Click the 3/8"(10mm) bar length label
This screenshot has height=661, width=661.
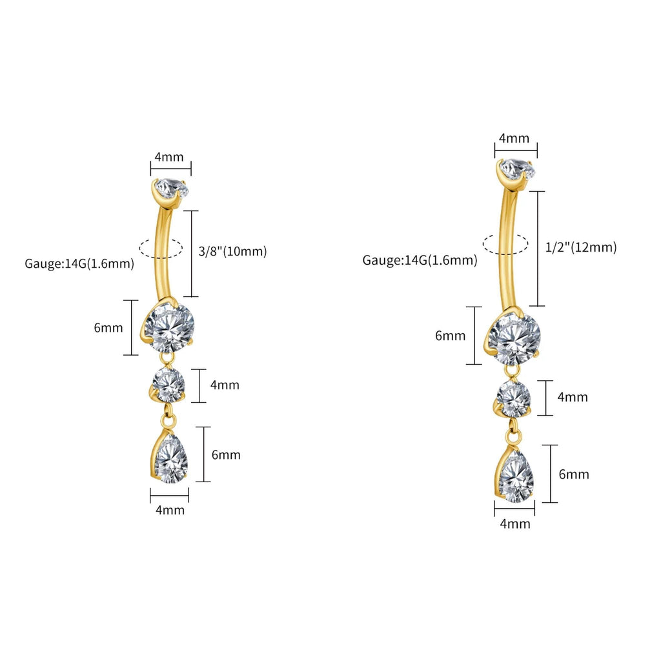point(232,251)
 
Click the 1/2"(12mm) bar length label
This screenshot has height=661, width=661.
point(581,247)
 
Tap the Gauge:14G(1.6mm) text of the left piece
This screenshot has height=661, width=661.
point(79,264)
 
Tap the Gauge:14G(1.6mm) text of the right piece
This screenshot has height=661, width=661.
point(420,260)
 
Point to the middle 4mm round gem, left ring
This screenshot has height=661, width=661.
point(168,385)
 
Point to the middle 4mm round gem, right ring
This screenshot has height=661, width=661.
point(514,398)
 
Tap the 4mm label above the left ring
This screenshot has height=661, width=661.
point(169,158)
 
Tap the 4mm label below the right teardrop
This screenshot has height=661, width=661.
point(515,524)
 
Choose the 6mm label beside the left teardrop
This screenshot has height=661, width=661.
point(226,455)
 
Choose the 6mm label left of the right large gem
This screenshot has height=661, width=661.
point(450,336)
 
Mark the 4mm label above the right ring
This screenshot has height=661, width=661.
point(514,138)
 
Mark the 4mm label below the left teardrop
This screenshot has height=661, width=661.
point(170,510)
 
